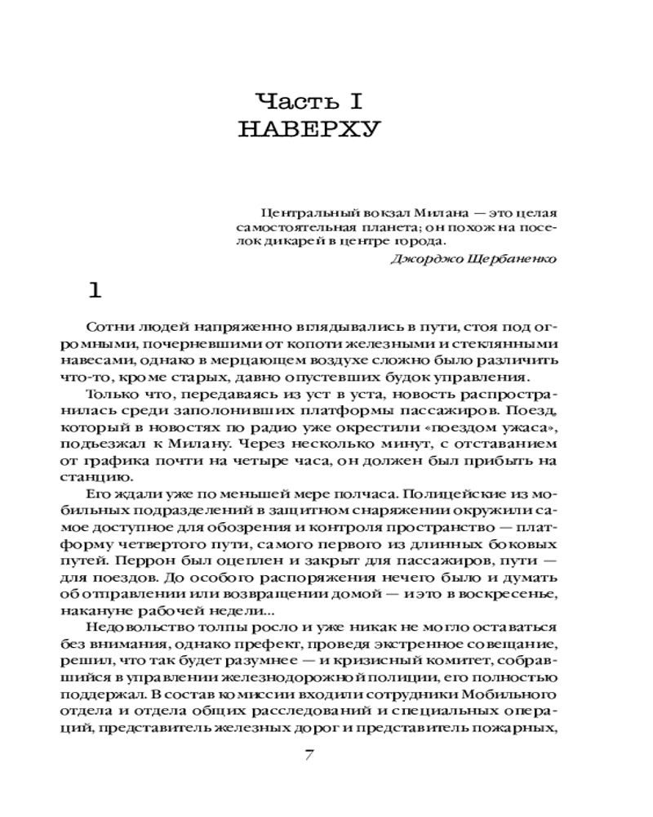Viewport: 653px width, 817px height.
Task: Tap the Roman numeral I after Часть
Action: (x=356, y=102)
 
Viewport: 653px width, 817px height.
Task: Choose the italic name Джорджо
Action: (x=421, y=258)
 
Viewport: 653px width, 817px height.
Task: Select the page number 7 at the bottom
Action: (x=309, y=755)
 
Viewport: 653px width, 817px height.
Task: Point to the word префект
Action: (x=295, y=643)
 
